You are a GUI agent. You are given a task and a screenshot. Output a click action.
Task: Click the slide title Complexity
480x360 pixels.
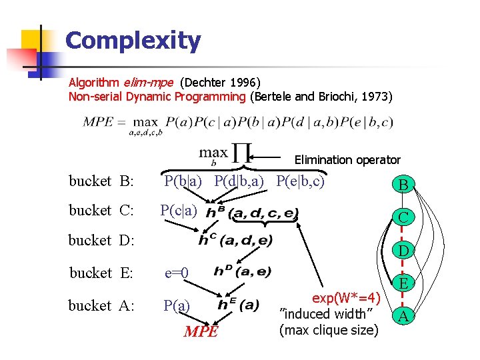[133, 41]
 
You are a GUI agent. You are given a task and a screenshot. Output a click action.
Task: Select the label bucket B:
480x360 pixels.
[102, 181]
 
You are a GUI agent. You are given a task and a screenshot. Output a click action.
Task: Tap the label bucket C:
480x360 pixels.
[102, 211]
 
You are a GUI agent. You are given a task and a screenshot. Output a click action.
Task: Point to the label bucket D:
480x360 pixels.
[102, 241]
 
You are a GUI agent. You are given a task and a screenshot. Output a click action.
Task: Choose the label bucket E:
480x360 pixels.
[102, 273]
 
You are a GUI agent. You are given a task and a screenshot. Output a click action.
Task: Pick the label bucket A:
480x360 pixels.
[102, 306]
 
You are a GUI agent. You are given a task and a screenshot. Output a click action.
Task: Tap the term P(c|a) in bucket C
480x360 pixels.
[179, 211]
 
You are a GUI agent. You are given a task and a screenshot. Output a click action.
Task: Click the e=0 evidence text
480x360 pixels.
[177, 273]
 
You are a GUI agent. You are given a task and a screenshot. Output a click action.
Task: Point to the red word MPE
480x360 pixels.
[200, 331]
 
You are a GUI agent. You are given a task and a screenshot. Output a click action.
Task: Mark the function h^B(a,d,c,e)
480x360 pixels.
[251, 213]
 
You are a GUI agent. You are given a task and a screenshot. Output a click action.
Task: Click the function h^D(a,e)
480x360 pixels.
[242, 271]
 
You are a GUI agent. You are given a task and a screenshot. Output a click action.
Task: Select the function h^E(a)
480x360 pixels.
[238, 305]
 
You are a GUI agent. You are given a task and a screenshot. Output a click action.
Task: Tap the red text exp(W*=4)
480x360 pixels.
[346, 297]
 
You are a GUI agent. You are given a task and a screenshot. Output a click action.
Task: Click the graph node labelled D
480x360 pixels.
[403, 251]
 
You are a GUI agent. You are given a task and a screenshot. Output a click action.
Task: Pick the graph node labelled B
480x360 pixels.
[403, 185]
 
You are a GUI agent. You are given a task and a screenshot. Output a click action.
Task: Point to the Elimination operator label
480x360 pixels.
[347, 160]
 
